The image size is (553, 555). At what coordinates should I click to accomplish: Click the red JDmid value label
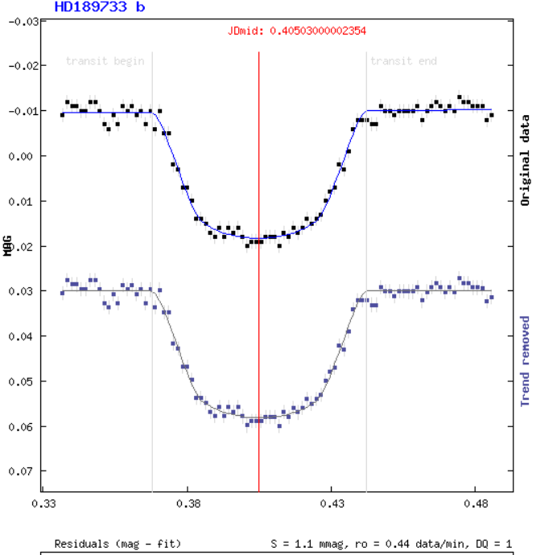297,31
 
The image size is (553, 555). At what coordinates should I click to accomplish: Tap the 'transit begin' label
105,60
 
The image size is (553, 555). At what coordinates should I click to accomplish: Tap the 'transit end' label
403,60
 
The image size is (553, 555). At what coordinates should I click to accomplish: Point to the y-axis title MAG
7,245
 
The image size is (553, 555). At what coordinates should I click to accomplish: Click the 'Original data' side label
526,161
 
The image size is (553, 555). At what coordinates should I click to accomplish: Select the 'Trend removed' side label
526,360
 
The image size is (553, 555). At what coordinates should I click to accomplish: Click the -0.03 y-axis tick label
23,21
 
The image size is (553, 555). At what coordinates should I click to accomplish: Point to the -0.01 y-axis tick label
23,111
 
